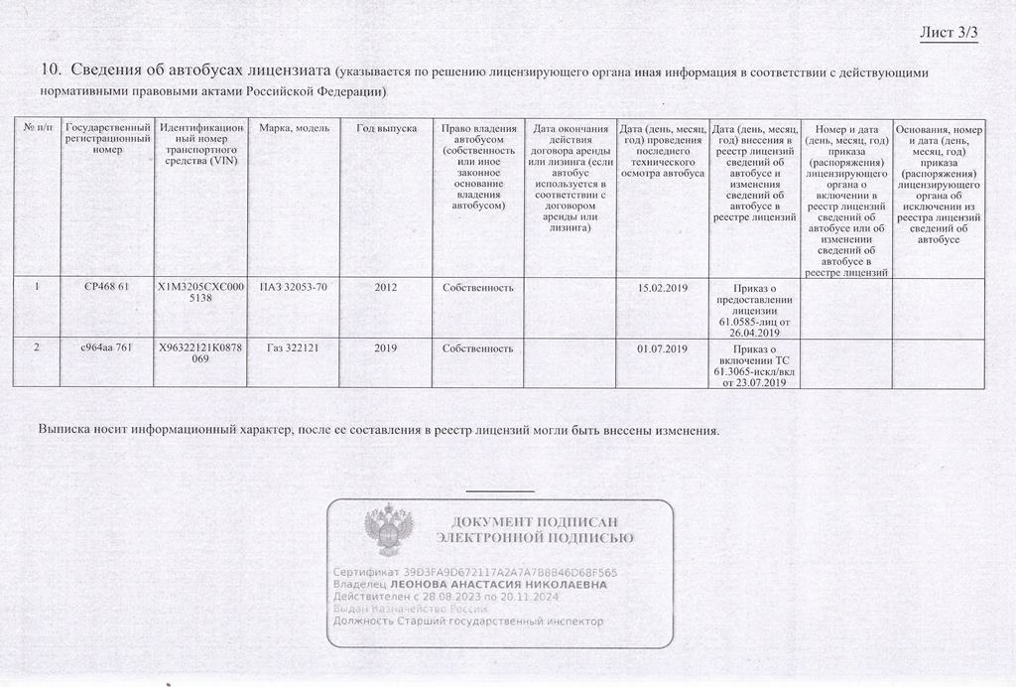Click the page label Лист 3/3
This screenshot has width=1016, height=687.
[x=949, y=33]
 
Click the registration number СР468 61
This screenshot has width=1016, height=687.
[x=108, y=288]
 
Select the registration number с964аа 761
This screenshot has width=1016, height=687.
[x=108, y=349]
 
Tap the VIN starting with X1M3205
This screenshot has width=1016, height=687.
[x=201, y=294]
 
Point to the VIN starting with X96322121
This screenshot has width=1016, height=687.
[x=201, y=355]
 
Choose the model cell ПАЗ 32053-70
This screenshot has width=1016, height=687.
[x=293, y=288]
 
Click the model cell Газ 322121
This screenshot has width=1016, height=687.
[x=293, y=349]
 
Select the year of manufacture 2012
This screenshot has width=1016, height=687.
[x=386, y=288]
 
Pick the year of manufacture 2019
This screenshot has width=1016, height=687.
[x=386, y=349]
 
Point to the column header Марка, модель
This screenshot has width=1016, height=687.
[x=293, y=129]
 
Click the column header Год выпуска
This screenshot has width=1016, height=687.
[x=386, y=129]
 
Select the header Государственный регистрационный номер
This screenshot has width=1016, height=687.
[x=108, y=139]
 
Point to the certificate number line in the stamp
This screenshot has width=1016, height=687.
[x=475, y=573]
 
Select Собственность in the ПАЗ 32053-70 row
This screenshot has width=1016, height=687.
[x=478, y=288]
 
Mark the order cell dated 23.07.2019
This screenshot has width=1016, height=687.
[x=755, y=365]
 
